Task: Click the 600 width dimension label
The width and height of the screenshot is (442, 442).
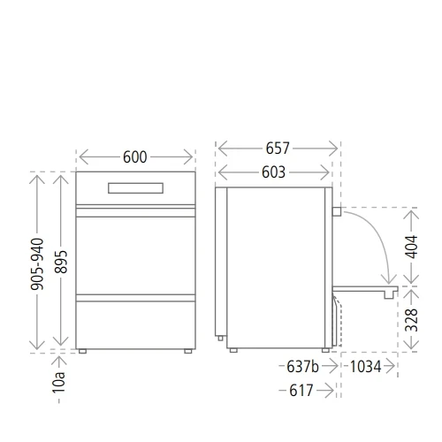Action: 135,156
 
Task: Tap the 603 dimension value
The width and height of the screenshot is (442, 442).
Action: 273,172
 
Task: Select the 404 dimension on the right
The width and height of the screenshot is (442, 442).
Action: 412,247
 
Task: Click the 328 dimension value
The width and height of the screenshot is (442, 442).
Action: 412,319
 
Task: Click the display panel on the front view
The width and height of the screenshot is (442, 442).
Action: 135,187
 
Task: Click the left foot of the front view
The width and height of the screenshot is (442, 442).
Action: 82,351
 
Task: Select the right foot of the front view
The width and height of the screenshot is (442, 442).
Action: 188,351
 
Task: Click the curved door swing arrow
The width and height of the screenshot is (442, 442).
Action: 377,239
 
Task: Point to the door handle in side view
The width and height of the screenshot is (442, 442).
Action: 337,211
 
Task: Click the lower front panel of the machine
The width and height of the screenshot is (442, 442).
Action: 135,324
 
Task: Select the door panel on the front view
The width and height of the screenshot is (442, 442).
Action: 135,252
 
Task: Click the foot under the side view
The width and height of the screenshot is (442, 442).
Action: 235,351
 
